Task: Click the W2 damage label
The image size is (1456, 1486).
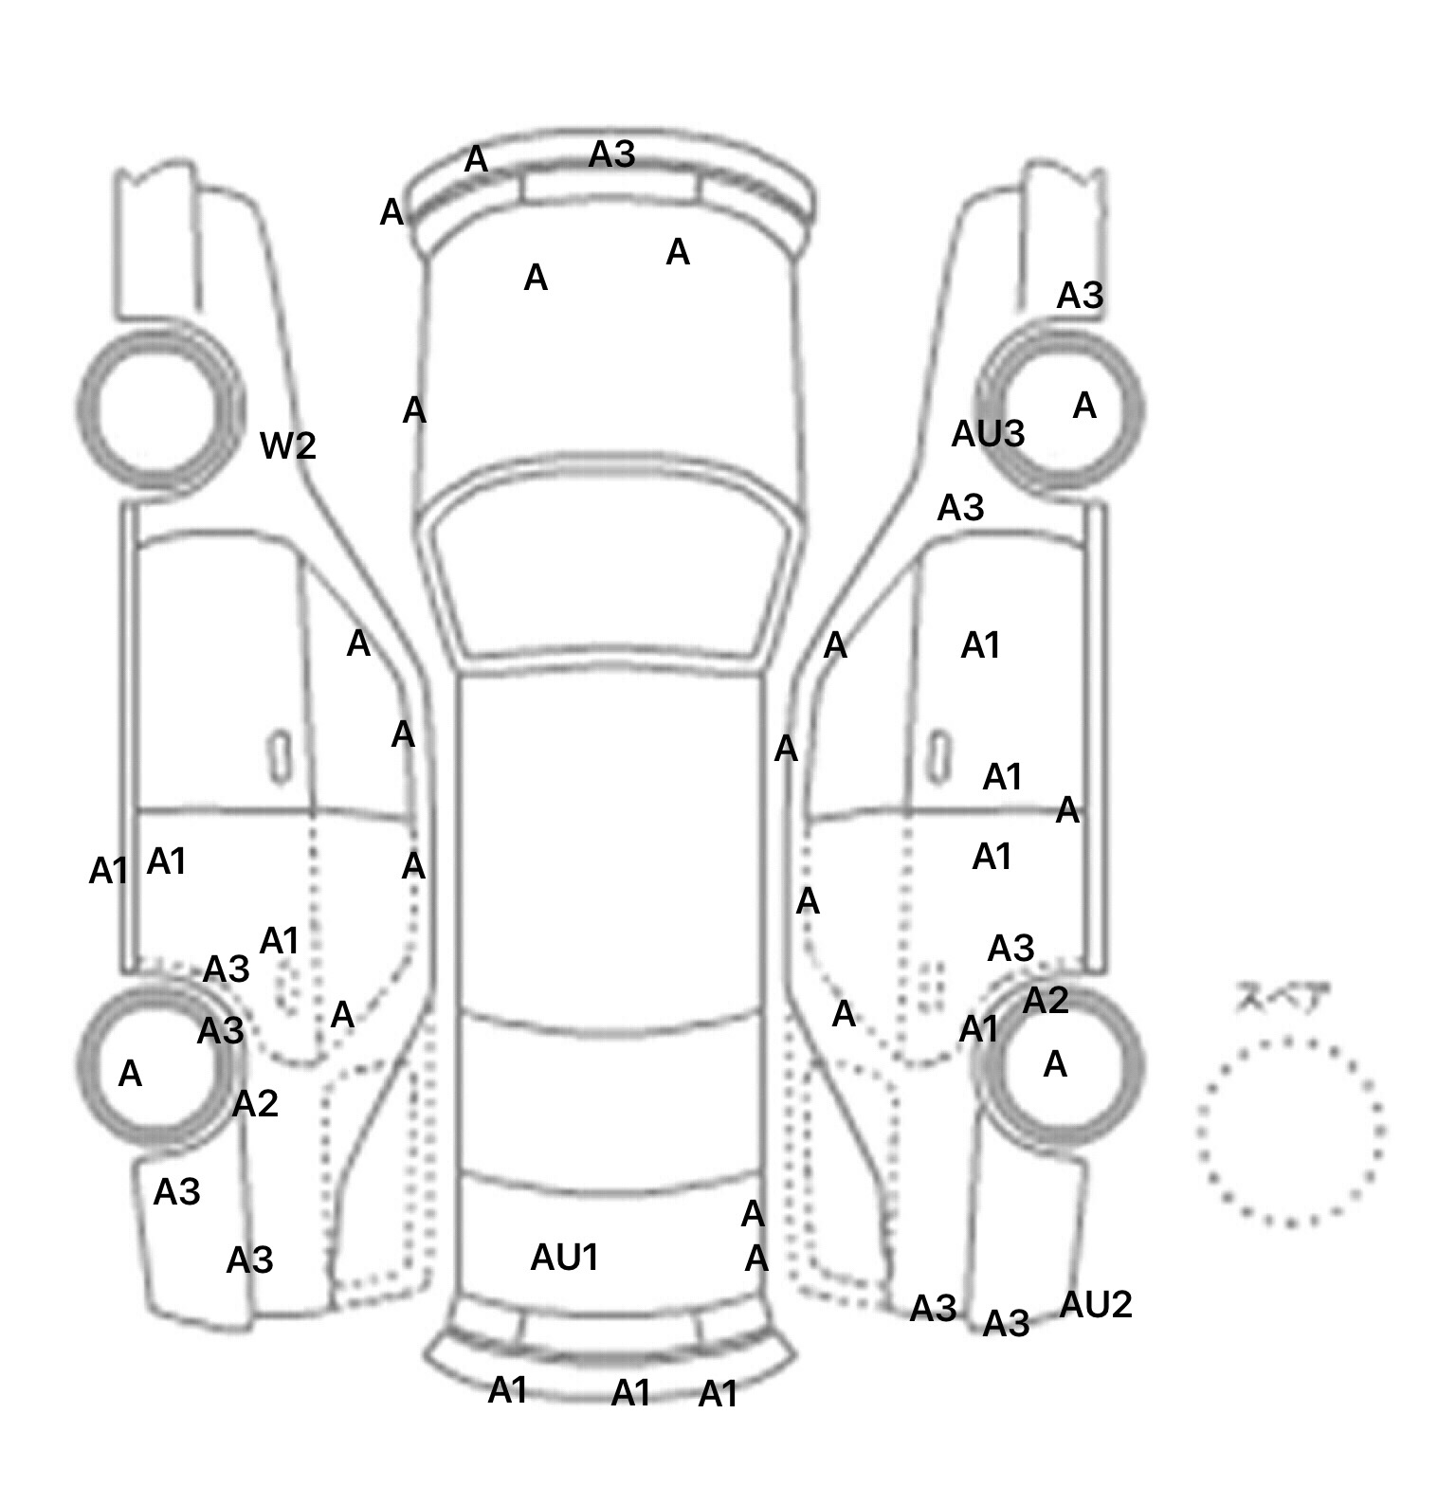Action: click(x=288, y=445)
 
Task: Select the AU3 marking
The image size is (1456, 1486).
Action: click(x=988, y=434)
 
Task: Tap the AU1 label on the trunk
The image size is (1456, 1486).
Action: click(x=564, y=1258)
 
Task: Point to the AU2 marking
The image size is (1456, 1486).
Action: click(x=1095, y=1305)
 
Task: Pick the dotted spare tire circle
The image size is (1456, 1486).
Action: click(x=1290, y=1131)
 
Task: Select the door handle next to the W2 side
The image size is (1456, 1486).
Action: click(x=280, y=755)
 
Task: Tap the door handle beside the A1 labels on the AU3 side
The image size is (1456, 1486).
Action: click(x=938, y=755)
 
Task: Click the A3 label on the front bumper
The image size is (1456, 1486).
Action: click(x=611, y=154)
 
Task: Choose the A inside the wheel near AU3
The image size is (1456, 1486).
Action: click(x=1084, y=407)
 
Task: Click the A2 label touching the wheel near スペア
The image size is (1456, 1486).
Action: click(x=1045, y=1001)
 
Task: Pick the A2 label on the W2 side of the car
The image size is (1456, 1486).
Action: click(x=255, y=1103)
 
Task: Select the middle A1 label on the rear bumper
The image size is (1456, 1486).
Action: click(x=630, y=1393)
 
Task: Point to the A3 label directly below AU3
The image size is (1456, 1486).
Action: click(x=960, y=508)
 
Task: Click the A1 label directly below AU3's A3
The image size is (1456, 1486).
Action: click(x=980, y=646)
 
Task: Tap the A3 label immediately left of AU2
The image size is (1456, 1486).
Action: click(x=1006, y=1323)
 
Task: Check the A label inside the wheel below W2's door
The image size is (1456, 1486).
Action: click(x=130, y=1074)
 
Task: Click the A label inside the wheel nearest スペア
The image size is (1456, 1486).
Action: click(x=1055, y=1065)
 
